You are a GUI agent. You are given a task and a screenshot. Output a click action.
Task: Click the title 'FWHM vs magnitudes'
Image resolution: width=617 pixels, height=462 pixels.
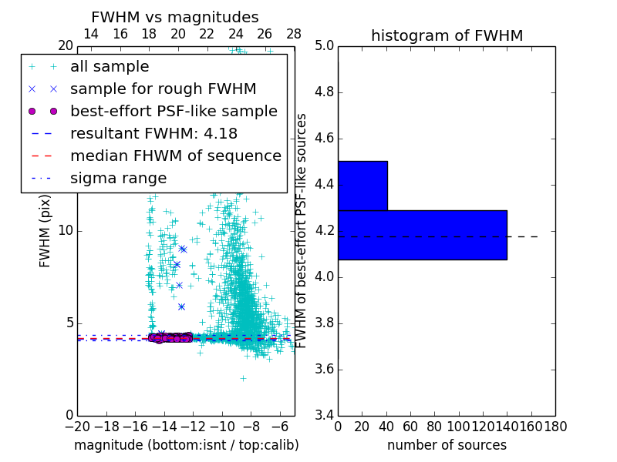pos(174,17)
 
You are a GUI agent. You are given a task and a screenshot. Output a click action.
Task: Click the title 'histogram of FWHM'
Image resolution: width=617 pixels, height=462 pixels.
pos(447,35)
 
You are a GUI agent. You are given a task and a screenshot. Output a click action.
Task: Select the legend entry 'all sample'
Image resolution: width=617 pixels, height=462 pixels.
pos(110,67)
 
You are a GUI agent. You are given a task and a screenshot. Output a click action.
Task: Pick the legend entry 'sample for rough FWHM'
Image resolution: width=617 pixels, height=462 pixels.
pos(163,89)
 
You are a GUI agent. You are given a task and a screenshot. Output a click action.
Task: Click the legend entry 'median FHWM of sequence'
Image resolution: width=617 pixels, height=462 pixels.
pos(175,156)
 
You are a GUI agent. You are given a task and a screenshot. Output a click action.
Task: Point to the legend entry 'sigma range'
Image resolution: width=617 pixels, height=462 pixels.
pos(118,178)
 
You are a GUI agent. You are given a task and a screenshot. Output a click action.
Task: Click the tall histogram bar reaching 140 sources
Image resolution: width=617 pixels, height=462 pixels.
pos(423,235)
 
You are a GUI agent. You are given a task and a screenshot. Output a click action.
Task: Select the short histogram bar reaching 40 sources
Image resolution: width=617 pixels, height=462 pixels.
pos(362,186)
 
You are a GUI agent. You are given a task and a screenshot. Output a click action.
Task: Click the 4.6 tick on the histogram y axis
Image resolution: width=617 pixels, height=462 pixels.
pos(324,139)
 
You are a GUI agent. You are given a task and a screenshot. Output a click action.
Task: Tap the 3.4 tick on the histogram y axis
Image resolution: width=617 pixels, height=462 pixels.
pos(324,415)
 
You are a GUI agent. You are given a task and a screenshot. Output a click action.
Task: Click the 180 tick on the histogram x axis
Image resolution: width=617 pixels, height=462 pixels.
pos(555,426)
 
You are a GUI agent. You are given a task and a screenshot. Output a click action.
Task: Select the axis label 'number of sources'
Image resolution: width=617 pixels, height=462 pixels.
pos(447,445)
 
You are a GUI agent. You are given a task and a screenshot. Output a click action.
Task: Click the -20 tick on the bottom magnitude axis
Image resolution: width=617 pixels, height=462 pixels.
pos(77,426)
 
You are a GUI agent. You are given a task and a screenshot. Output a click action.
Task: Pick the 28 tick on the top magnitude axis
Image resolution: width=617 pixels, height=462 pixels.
pos(294,34)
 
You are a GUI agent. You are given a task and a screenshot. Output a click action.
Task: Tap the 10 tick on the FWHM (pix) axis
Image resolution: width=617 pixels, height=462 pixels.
pos(65,231)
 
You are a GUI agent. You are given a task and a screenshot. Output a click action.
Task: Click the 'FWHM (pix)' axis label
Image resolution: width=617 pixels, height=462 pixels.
pos(46,230)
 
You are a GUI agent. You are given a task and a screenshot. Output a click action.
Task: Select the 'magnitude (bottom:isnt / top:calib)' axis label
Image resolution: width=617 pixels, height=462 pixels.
pos(186,445)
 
